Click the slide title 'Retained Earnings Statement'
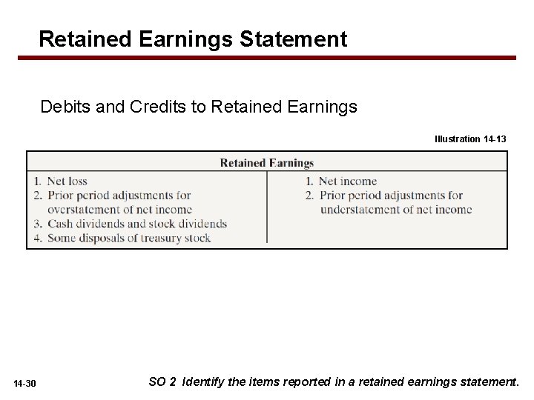(193, 39)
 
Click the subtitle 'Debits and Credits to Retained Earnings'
(199, 107)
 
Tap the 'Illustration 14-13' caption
(470, 139)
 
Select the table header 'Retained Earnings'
(267, 163)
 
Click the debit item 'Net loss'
(67, 181)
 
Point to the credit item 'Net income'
(347, 181)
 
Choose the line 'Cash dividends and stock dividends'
(137, 224)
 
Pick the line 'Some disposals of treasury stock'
(129, 238)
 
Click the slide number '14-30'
(24, 383)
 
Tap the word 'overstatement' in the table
(84, 210)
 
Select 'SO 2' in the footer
(162, 382)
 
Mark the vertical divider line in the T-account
(267, 207)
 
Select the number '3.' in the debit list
(37, 224)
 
